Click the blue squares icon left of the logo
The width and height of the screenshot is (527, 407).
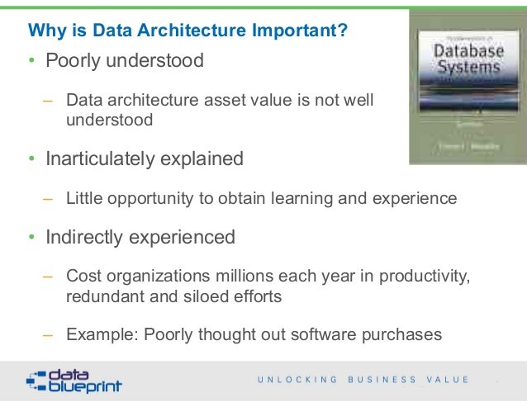tap(35, 380)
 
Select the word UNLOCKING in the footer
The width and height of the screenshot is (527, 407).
tap(297, 380)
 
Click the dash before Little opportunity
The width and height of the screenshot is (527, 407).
tap(49, 198)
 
